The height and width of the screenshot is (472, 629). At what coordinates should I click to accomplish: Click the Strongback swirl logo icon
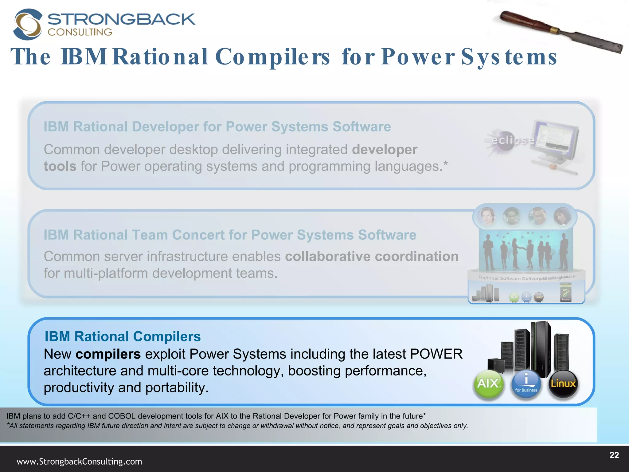coord(27,25)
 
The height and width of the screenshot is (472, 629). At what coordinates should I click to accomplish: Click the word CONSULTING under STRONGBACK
coord(80,32)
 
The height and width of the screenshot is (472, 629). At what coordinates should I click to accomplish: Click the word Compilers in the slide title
coord(272,57)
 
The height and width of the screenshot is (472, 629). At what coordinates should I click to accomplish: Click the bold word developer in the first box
coord(385,150)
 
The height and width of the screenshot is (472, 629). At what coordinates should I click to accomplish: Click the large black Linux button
coord(563,384)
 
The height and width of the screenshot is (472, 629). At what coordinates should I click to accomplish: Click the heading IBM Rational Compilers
coord(123,336)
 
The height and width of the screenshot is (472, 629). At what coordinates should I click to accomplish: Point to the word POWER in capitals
coord(436,354)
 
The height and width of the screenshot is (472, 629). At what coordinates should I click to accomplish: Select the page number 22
coord(614,455)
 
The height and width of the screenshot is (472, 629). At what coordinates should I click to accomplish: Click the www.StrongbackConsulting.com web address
coord(79,462)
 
